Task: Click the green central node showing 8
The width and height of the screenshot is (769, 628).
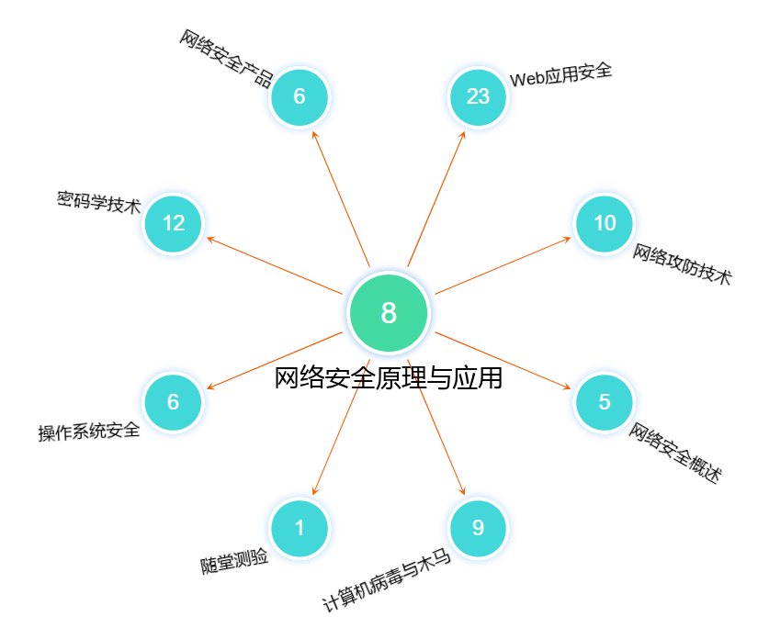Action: (389, 313)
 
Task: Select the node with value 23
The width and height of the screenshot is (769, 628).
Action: (478, 96)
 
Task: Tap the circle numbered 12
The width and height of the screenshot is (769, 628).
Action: (174, 223)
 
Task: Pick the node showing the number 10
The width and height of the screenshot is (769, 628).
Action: (605, 223)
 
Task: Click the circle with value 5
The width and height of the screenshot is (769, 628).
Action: (605, 402)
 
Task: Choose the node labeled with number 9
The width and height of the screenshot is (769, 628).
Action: (478, 528)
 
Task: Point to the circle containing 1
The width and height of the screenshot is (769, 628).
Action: (299, 528)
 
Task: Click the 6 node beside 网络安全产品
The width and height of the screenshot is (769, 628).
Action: (299, 96)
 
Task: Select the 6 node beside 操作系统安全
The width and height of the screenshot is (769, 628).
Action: (174, 402)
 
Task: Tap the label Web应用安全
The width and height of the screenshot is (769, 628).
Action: (560, 74)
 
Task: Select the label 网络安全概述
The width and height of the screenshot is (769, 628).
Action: (675, 454)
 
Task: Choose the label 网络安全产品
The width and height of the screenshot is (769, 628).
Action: (226, 58)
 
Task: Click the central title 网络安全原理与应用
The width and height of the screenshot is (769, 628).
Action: (389, 377)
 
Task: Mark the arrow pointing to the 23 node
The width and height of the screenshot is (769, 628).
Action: (437, 196)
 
